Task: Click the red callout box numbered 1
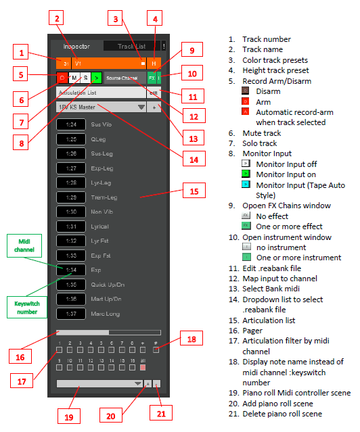click(22, 53)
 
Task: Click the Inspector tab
click(76, 46)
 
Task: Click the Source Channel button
click(122, 78)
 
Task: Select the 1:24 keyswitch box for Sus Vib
click(71, 124)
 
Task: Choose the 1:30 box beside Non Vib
click(71, 211)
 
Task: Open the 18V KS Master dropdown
click(102, 107)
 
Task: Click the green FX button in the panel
click(152, 78)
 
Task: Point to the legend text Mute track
click(265, 134)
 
